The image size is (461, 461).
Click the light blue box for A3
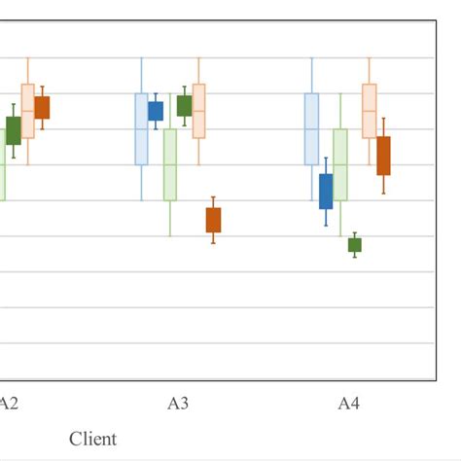[141, 128]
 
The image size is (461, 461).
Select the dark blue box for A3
[156, 111]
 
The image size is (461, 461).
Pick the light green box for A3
[170, 164]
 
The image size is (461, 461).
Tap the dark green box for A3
[185, 105]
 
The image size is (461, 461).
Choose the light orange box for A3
[198, 111]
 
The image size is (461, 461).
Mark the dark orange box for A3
[213, 220]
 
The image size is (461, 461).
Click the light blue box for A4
[311, 128]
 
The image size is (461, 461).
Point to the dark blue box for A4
[326, 192]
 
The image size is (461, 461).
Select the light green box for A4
[340, 164]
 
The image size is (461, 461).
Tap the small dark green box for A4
[355, 245]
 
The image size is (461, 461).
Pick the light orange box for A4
[369, 111]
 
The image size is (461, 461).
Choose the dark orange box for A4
[383, 156]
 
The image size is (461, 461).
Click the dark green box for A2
[14, 130]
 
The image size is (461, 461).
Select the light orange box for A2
[27, 111]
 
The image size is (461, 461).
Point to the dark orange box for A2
[42, 107]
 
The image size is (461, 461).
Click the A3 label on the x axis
[178, 402]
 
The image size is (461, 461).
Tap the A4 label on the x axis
[348, 402]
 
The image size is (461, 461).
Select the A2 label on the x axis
[8, 402]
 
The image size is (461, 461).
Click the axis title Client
[92, 439]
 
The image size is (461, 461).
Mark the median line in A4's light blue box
[311, 128]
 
